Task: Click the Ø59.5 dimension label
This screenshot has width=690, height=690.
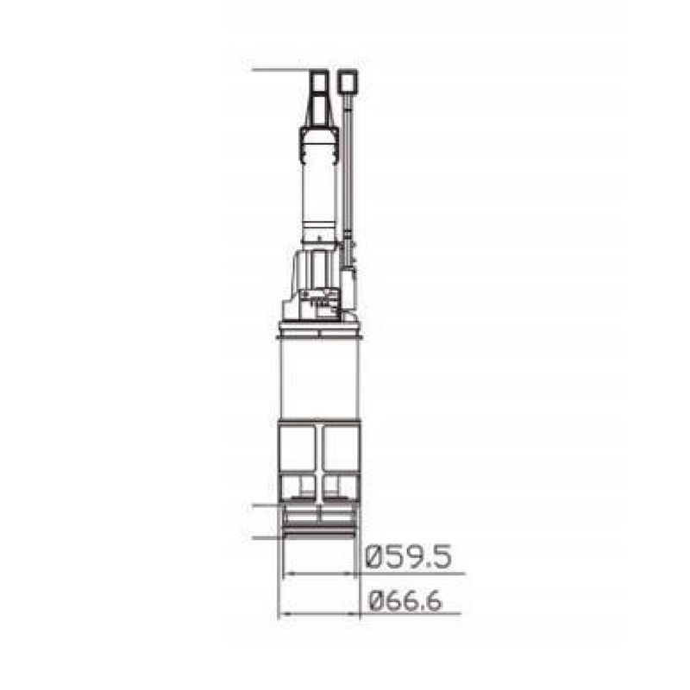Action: point(409,557)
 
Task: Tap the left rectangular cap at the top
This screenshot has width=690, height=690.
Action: point(319,81)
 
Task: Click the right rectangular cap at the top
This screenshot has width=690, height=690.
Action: point(348,81)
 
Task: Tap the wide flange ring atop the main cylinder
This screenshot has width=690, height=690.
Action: point(320,330)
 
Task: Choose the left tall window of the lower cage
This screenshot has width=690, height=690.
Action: point(298,448)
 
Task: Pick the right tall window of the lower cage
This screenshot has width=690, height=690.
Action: point(340,448)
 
